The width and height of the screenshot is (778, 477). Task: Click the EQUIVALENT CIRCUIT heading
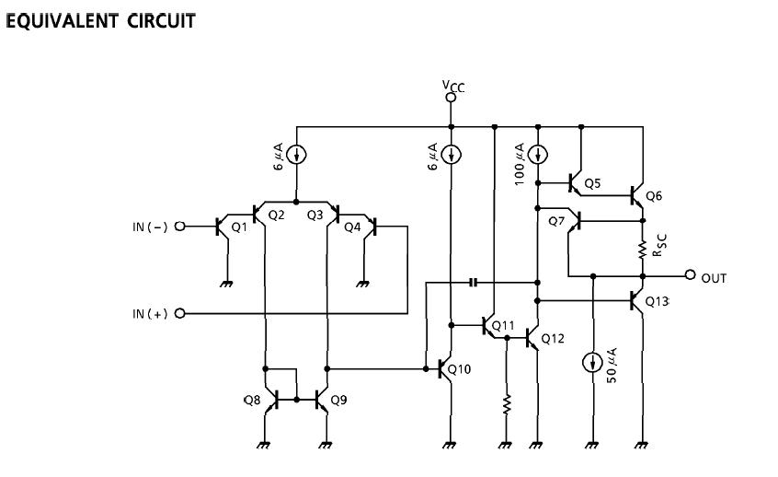(x=101, y=20)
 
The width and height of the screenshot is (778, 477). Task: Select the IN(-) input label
(x=149, y=227)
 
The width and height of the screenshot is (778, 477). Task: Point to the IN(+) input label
(x=149, y=314)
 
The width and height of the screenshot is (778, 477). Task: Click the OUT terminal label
(x=714, y=276)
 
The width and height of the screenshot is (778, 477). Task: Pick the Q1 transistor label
(x=238, y=227)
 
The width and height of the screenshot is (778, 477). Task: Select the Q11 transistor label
(x=503, y=325)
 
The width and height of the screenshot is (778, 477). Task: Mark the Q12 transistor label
(x=553, y=338)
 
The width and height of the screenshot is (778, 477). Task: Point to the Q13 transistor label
(x=658, y=301)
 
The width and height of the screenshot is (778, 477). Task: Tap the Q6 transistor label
(x=654, y=195)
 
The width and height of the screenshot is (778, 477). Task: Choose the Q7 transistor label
(x=556, y=221)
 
